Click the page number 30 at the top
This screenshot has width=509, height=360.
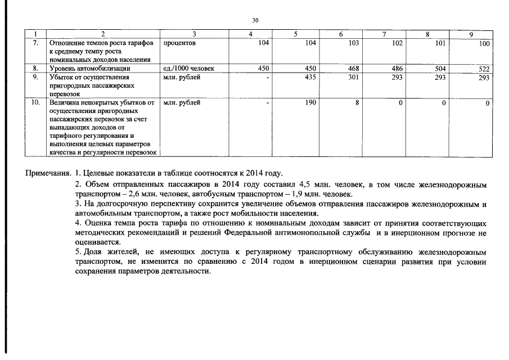click(x=255, y=20)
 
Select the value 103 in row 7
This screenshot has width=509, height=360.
click(x=353, y=43)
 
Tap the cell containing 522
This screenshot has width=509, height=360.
click(x=484, y=69)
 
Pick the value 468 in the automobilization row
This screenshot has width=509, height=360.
click(x=353, y=69)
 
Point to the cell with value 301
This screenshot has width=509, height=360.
click(x=353, y=78)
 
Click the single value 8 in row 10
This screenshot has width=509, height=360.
click(x=357, y=103)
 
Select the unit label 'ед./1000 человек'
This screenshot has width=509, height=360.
click(x=188, y=69)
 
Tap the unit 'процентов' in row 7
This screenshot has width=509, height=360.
click(x=179, y=43)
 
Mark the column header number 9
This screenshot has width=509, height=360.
click(x=471, y=35)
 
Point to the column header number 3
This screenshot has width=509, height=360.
click(x=194, y=35)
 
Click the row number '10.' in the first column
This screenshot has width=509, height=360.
click(x=35, y=103)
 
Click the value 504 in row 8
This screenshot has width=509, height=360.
click(x=440, y=69)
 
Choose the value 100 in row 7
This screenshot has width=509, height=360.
click(x=484, y=43)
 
